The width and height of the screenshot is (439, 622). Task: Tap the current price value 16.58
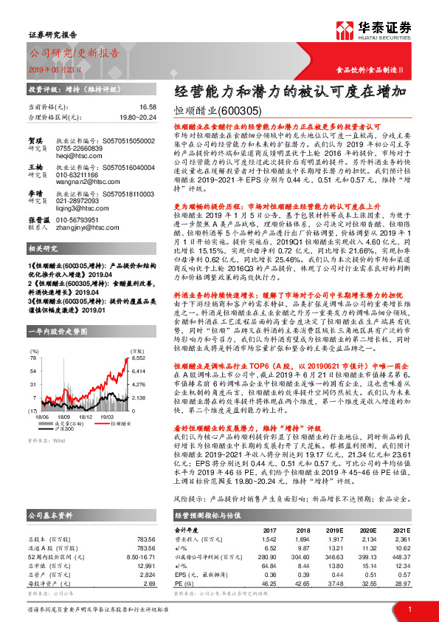[147, 107]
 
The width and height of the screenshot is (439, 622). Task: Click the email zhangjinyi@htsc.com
[89, 230]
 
